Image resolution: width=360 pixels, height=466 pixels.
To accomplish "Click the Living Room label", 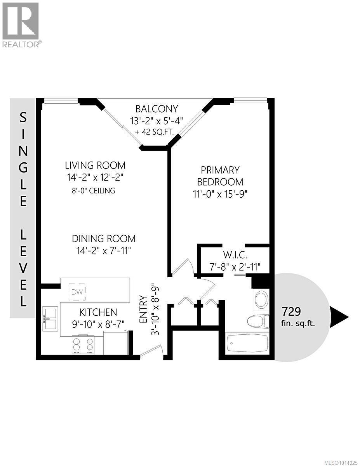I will pyautogui.click(x=95, y=165).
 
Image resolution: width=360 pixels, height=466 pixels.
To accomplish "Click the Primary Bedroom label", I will pyautogui.click(x=220, y=176).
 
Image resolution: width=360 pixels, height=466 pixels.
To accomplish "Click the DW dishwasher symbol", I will pyautogui.click(x=78, y=292).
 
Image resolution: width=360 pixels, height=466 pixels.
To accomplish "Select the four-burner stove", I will pyautogui.click(x=83, y=345).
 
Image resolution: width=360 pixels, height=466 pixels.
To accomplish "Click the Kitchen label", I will pyautogui.click(x=98, y=312).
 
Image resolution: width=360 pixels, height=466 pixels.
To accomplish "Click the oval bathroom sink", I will pyautogui.click(x=260, y=300).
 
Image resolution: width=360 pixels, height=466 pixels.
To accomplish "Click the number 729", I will pyautogui.click(x=292, y=311).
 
